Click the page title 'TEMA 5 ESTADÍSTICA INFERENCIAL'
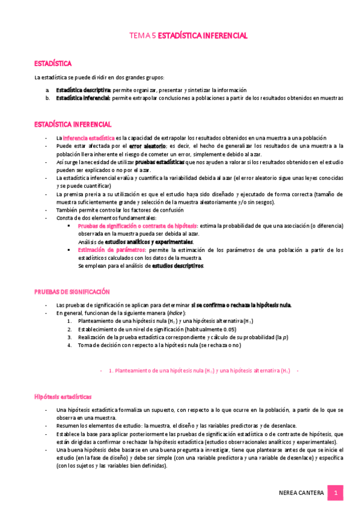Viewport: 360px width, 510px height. [188, 36]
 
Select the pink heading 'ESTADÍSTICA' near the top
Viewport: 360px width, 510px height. [53, 63]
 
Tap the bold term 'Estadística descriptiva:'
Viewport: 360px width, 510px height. [84, 89]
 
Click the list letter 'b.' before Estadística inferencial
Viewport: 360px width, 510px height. [47, 97]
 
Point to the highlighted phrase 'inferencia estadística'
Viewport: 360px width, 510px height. [89, 138]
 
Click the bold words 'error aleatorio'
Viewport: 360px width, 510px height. [148, 146]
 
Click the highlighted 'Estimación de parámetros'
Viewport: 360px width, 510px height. [111, 250]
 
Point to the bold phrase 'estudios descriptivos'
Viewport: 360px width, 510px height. [177, 265]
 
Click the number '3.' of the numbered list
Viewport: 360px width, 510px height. [70, 337]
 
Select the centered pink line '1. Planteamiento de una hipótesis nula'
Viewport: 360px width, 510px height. [198, 371]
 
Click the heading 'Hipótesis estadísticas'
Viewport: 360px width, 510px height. [63, 397]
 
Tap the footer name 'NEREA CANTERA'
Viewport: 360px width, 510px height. [302, 493]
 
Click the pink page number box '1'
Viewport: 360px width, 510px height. [336, 493]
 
